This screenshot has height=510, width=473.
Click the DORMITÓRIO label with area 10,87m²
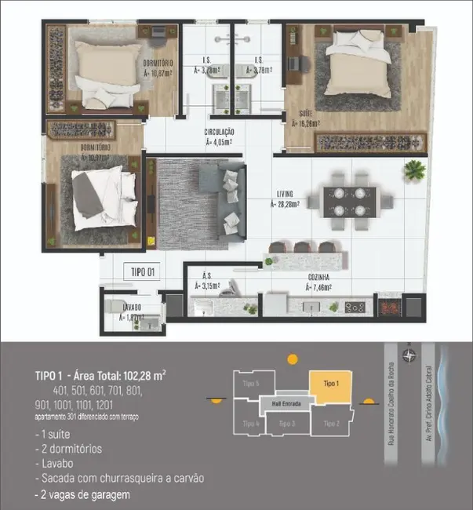pos(158,67)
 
